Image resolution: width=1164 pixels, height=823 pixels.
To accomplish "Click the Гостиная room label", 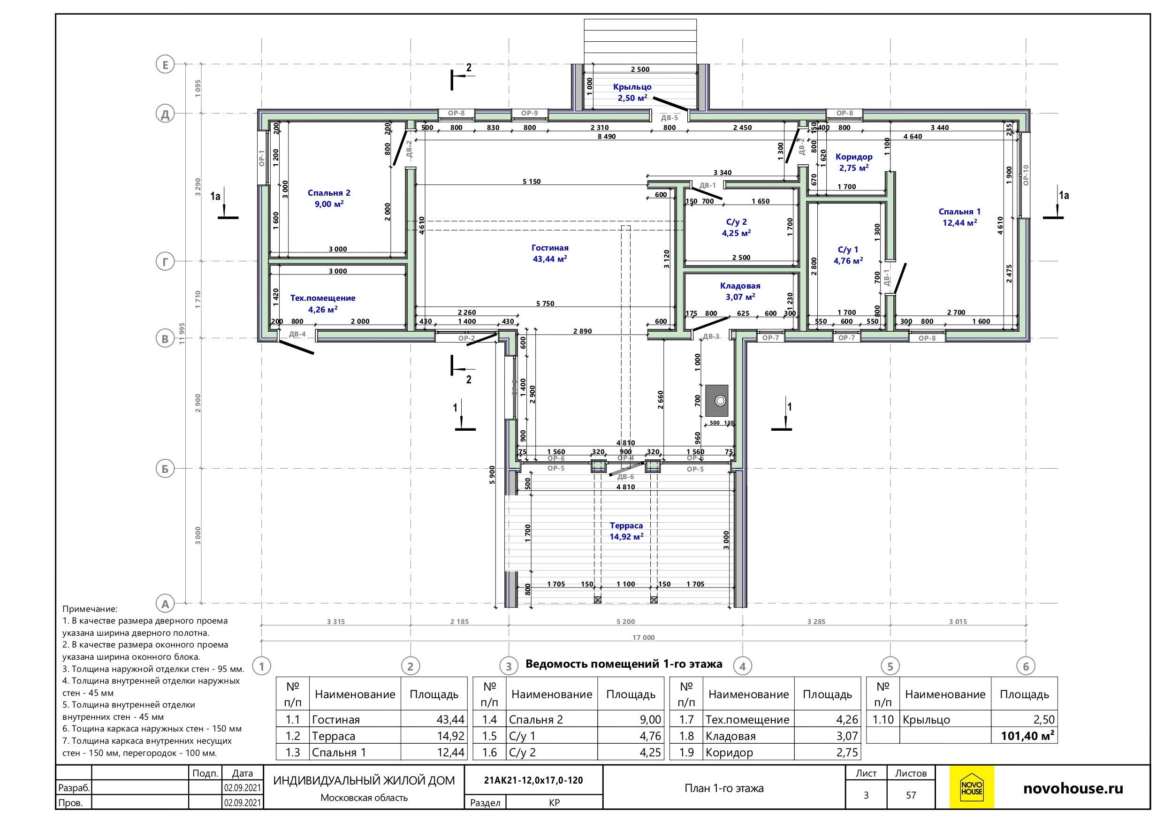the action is click(x=549, y=248).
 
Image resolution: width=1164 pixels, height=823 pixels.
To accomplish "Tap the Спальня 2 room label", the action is click(x=328, y=193).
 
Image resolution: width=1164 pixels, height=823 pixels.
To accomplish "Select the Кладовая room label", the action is click(x=740, y=286).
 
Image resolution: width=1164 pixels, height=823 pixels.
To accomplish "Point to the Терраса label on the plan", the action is click(x=626, y=526).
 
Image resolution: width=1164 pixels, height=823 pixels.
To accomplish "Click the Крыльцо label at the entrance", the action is click(x=632, y=87).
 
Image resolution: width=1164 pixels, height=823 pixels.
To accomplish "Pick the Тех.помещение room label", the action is click(x=322, y=298).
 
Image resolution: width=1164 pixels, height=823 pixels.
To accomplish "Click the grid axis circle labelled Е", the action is click(x=165, y=64).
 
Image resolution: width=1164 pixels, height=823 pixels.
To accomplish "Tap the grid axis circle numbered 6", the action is click(x=1026, y=666).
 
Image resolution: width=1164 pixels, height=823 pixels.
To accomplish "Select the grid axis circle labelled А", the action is click(x=165, y=604).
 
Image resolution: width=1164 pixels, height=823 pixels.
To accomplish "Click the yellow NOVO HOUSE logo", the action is click(x=971, y=787).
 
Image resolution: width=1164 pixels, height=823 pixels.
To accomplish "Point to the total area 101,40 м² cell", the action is click(x=1027, y=736).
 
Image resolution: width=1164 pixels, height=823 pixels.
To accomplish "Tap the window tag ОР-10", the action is click(x=1026, y=175).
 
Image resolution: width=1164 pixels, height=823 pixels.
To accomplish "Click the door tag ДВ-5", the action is click(x=669, y=118).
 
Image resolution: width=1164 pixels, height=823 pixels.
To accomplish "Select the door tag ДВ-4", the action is click(x=297, y=334).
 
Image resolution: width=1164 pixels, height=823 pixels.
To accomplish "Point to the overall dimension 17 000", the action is click(x=643, y=637).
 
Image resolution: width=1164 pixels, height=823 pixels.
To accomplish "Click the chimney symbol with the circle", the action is click(x=717, y=401).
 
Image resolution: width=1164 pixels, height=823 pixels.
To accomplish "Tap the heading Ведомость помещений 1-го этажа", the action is click(x=624, y=664).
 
